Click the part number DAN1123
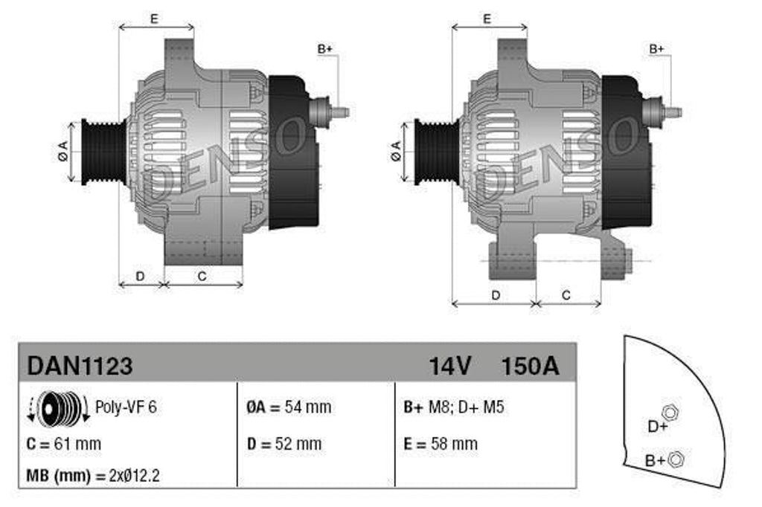pos(80,366)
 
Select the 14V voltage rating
pos(450,366)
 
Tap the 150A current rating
pos(530,366)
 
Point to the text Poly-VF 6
pos(126,407)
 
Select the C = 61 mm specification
pos(63,444)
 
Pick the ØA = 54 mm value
pos(289,407)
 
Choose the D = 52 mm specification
pos(284,444)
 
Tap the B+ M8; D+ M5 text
pos(453,407)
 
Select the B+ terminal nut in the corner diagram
pos(676,459)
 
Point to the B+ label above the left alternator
pos(325,49)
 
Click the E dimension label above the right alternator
pos(487,19)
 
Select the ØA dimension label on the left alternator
pos(63,151)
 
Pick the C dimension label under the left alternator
pos(202,276)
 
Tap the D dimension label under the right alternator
pos(496,295)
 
